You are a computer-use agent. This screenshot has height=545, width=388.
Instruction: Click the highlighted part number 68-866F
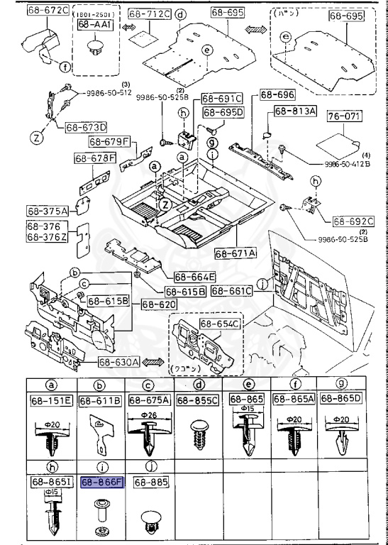click(x=102, y=481)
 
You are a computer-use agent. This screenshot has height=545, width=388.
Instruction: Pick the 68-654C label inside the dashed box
click(x=220, y=324)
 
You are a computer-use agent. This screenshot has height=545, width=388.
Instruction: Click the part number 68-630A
click(x=120, y=362)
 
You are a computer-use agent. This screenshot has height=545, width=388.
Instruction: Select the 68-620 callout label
click(x=157, y=304)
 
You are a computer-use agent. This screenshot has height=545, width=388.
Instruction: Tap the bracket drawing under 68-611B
click(x=101, y=436)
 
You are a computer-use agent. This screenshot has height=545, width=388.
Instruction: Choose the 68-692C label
click(x=353, y=221)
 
